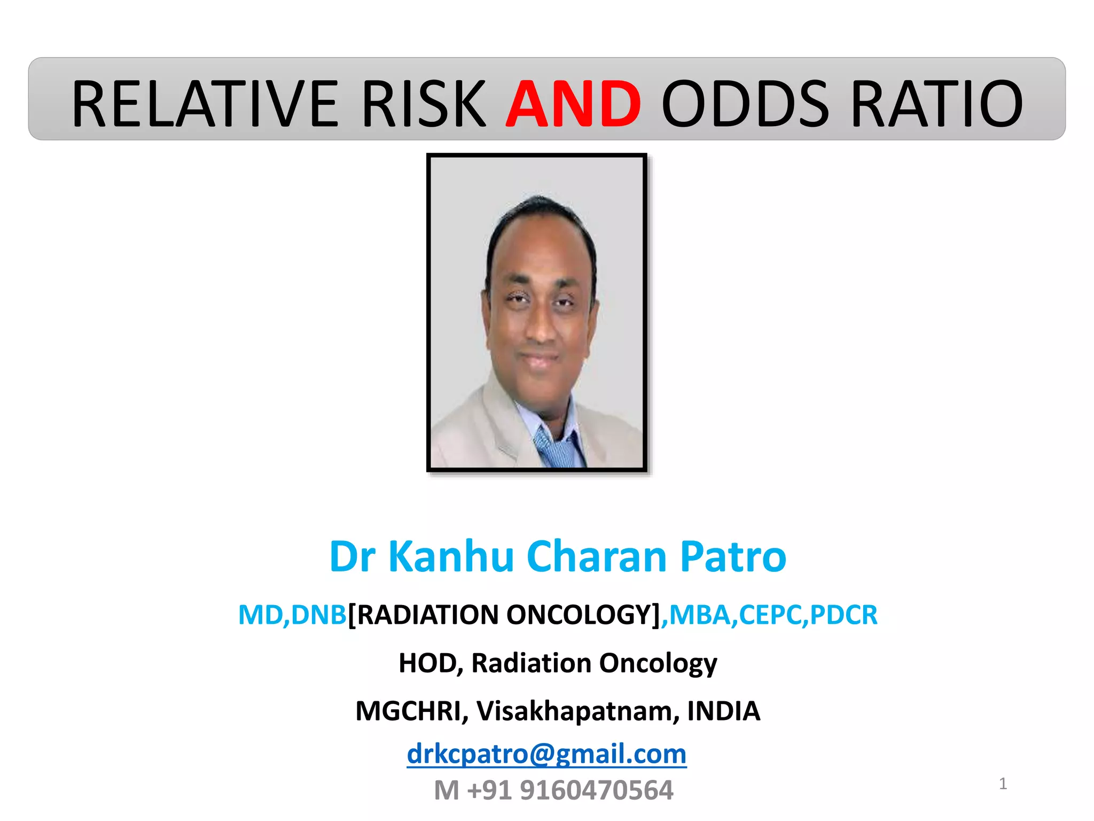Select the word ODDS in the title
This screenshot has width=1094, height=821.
(x=745, y=103)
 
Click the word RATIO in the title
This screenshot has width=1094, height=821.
(x=936, y=103)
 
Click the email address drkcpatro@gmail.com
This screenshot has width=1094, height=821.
(x=546, y=754)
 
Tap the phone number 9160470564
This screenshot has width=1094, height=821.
(x=596, y=790)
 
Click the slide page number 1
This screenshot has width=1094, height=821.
(x=1003, y=784)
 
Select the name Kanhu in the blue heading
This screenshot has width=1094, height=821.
(x=451, y=556)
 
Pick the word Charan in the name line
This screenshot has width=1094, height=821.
(x=597, y=556)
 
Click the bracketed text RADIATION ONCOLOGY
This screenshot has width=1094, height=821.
(x=504, y=615)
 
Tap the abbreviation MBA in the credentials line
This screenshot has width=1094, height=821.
(x=699, y=615)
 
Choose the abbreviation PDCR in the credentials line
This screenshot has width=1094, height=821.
(x=843, y=615)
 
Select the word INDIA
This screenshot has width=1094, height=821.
(x=723, y=711)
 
